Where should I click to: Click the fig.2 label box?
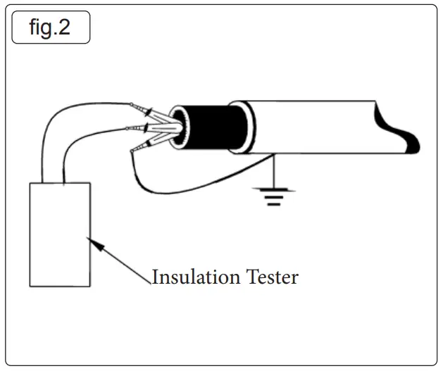(50, 28)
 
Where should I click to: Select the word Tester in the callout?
(271, 277)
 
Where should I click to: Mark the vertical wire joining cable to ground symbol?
(271, 172)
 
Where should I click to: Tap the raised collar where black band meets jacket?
(243, 127)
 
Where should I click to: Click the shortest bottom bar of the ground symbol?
(271, 202)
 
